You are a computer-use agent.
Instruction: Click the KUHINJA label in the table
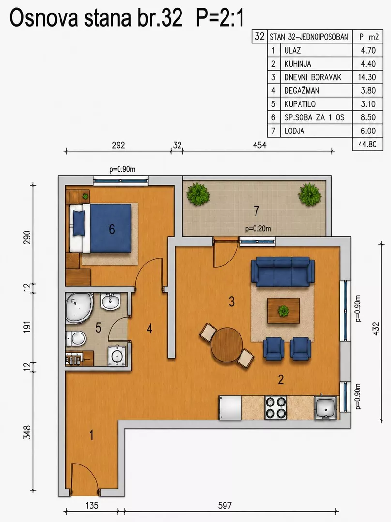(297, 64)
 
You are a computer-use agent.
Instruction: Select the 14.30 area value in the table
(367, 77)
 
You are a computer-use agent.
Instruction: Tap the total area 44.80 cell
(367, 144)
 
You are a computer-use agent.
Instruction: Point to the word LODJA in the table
(294, 131)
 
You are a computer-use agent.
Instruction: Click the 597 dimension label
(225, 506)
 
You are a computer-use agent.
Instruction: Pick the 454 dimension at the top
(260, 145)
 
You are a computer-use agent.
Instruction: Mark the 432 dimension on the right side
(376, 329)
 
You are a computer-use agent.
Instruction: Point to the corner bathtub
(79, 308)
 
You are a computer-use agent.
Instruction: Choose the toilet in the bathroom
(76, 339)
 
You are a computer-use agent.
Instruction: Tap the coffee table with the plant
(284, 311)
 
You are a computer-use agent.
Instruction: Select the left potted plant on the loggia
(198, 193)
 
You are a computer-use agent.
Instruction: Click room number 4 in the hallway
(150, 329)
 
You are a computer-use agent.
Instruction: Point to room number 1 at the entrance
(91, 435)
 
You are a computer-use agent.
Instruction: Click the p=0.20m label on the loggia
(258, 229)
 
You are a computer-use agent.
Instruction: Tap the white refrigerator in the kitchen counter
(230, 408)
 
